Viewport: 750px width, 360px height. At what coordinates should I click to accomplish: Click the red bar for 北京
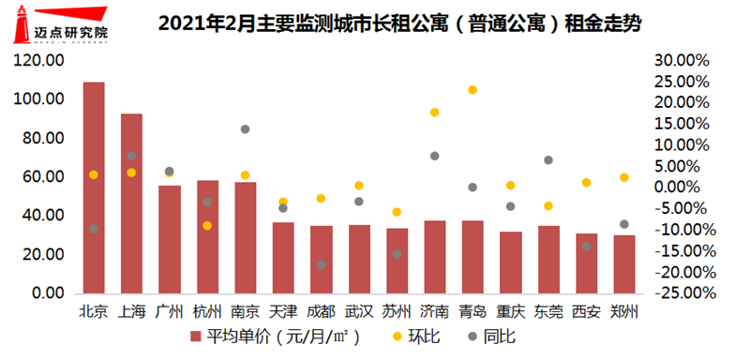tap(94, 187)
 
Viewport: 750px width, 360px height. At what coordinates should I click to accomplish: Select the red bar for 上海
tap(131, 203)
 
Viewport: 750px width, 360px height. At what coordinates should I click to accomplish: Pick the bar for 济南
tap(434, 257)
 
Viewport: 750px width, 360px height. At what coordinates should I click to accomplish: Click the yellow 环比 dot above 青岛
tap(472, 90)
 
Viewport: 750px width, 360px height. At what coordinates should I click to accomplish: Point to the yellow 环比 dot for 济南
tap(435, 112)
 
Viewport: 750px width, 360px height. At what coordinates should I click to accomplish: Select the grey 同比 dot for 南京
tap(245, 128)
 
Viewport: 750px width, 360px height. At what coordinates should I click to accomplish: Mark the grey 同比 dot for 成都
tap(321, 265)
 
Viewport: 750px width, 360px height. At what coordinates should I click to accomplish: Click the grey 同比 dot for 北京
tap(94, 229)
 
